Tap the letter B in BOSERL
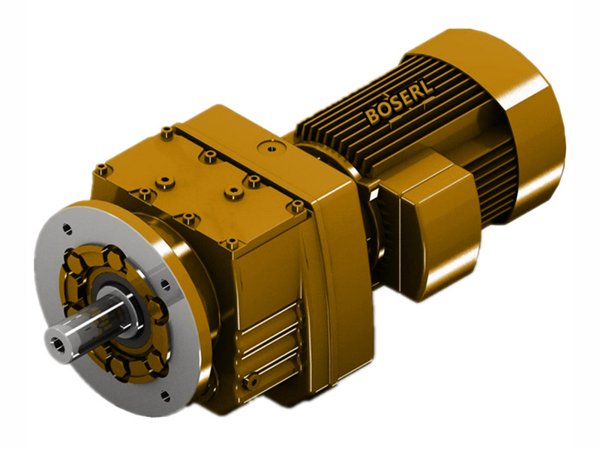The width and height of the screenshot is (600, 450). pyautogui.click(x=373, y=118)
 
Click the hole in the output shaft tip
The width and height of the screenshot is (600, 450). pyautogui.click(x=58, y=342)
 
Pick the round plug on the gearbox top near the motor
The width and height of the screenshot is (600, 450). pyautogui.click(x=263, y=147)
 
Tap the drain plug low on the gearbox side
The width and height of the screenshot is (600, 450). pyautogui.click(x=254, y=382)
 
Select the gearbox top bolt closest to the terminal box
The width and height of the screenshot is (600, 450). pyautogui.click(x=298, y=204)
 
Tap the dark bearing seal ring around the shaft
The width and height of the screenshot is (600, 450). pyautogui.click(x=120, y=304)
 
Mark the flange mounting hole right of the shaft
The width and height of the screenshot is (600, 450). pyautogui.click(x=163, y=283)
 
